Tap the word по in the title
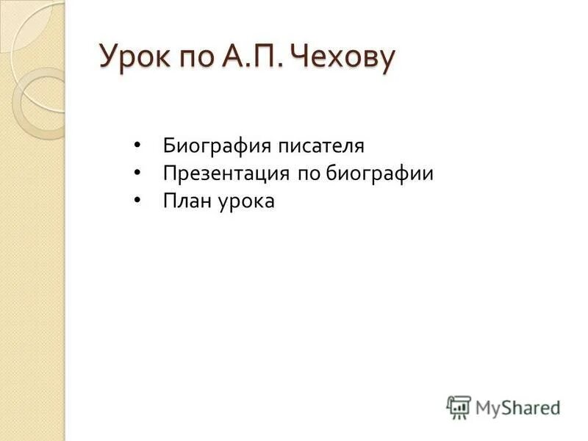coord(191,58)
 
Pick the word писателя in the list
coord(321,146)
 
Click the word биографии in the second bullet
coord(383,173)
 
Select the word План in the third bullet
coord(186,201)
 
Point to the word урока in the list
coord(246,202)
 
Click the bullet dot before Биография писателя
coord(138,145)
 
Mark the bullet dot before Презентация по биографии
coord(138,173)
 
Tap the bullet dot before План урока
coord(138,201)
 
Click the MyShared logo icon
coord(459,406)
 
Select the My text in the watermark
coord(487,407)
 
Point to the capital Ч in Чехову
coord(303,57)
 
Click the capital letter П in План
coord(170,201)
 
